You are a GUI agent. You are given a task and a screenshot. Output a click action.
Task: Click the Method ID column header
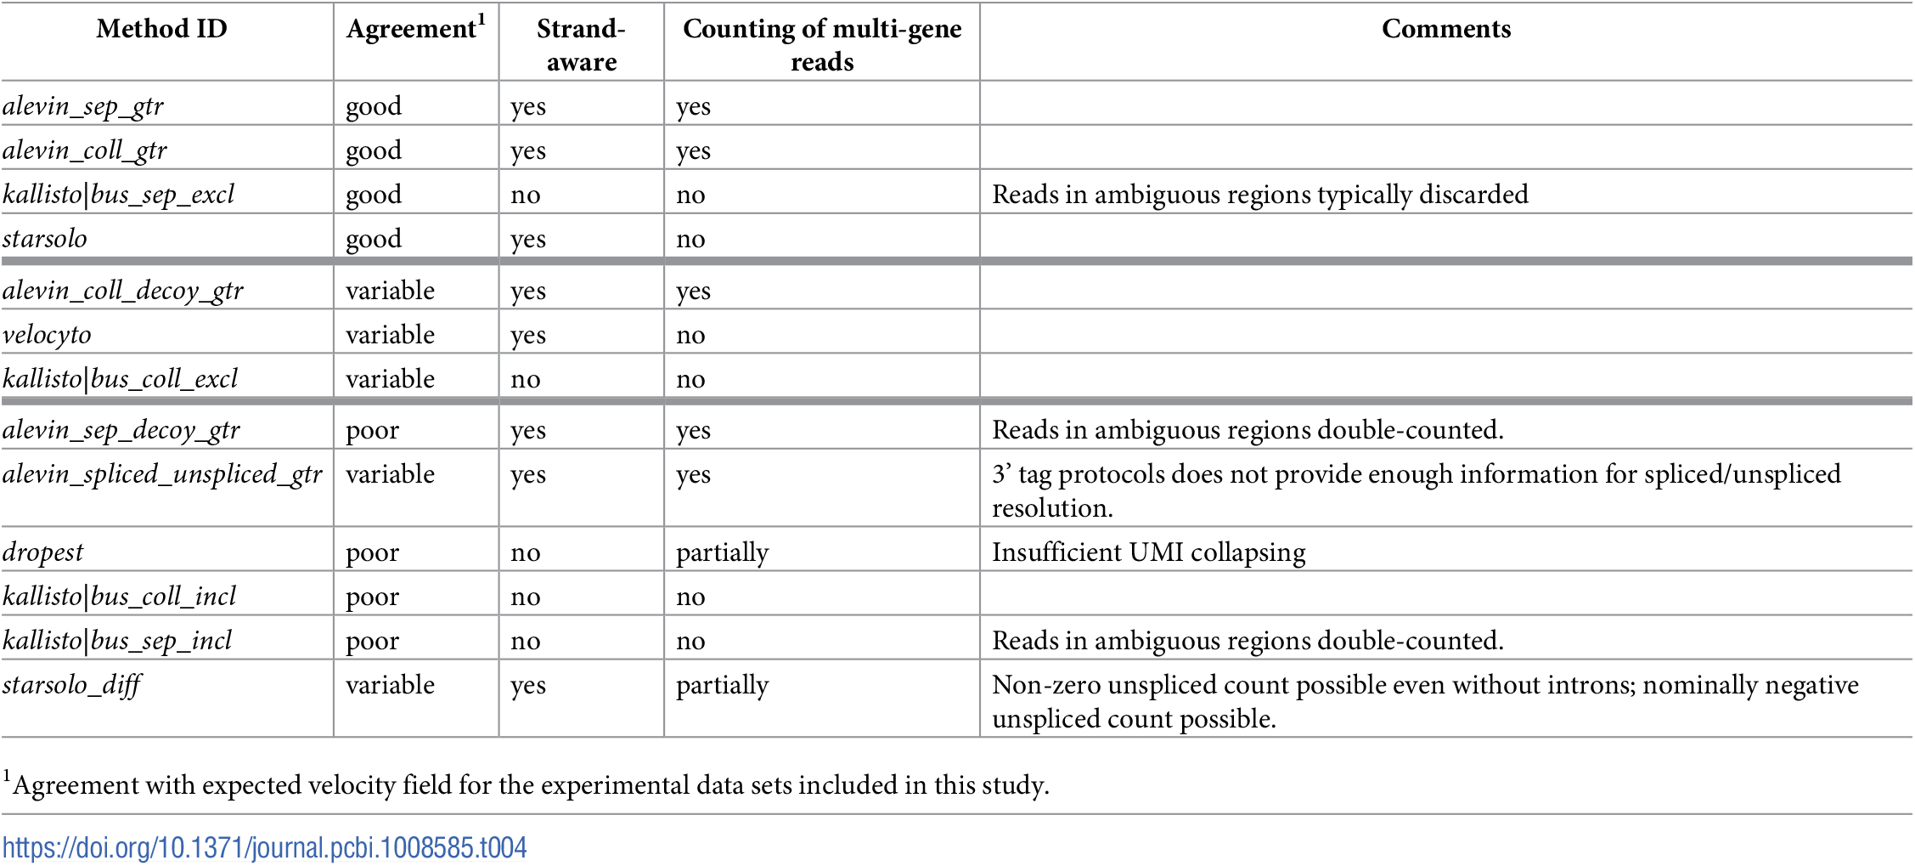click(161, 29)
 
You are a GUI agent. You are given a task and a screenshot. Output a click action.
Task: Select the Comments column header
click(1445, 29)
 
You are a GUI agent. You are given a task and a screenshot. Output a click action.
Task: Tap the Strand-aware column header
click(581, 44)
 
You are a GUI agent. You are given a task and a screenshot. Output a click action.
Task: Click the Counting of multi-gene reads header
click(821, 44)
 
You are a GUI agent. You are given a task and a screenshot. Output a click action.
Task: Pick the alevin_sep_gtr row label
click(83, 106)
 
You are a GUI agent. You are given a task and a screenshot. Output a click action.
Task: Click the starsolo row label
click(45, 239)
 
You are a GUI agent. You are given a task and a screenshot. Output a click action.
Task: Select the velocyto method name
click(47, 335)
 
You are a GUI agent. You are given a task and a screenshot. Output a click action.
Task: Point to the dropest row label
click(43, 552)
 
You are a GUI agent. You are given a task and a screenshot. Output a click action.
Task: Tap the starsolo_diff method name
click(71, 685)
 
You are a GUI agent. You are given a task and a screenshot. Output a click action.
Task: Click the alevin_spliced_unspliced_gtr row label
click(162, 474)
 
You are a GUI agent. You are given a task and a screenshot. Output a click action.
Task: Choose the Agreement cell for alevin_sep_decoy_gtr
click(372, 430)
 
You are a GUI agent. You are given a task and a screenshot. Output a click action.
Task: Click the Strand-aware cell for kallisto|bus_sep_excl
click(526, 195)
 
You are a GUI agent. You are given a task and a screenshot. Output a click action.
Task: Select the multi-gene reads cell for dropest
click(722, 552)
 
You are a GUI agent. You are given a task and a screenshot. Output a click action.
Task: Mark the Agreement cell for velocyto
click(390, 335)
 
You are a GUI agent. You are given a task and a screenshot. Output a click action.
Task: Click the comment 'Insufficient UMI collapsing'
click(1148, 552)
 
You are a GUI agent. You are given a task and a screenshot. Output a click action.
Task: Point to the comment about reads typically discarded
click(1259, 195)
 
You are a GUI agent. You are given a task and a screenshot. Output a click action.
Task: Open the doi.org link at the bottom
click(264, 847)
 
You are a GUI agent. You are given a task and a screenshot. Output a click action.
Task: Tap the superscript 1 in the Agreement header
click(481, 18)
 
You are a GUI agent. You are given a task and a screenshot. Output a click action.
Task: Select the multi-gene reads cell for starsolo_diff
click(722, 685)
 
